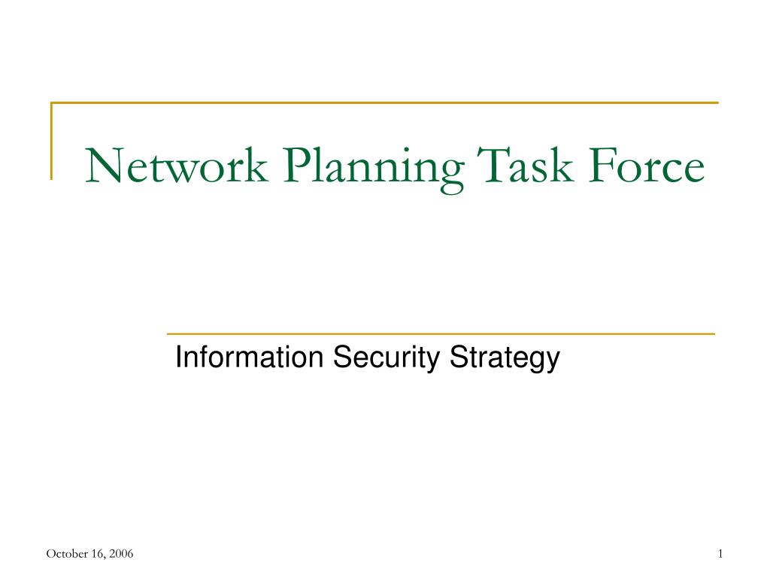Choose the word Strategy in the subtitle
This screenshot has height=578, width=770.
[505, 359]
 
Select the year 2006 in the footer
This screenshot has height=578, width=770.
[121, 555]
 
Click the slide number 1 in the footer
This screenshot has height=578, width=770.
[720, 555]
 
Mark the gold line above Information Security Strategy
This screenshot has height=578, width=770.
[440, 333]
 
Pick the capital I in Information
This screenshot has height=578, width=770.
[178, 357]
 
